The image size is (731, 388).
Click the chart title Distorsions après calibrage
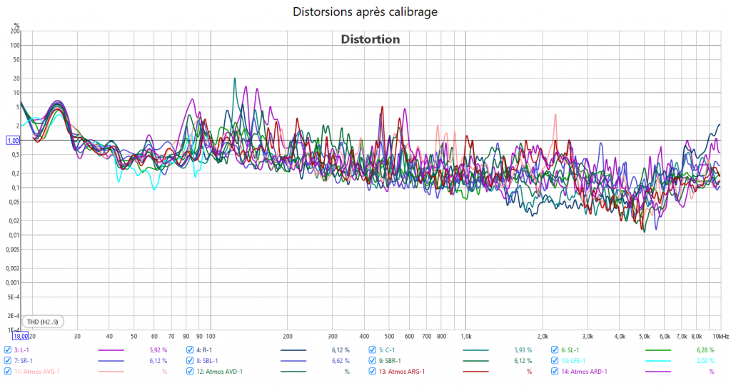click(365, 12)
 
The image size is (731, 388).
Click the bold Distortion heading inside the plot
click(370, 39)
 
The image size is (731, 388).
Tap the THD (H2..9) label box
click(43, 322)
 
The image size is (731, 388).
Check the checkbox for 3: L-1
click(8, 350)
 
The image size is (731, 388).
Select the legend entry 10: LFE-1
click(578, 361)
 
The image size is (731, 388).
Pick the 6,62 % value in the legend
click(340, 361)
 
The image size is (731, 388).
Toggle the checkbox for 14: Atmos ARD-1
click(555, 372)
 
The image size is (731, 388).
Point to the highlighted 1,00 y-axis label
click(13, 141)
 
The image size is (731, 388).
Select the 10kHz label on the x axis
click(720, 335)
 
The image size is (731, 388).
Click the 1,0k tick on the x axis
click(466, 335)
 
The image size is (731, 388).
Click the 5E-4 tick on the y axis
click(14, 297)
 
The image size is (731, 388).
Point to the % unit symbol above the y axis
click(16, 25)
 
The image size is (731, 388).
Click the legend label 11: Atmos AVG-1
click(37, 372)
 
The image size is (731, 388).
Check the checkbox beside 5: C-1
click(373, 350)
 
